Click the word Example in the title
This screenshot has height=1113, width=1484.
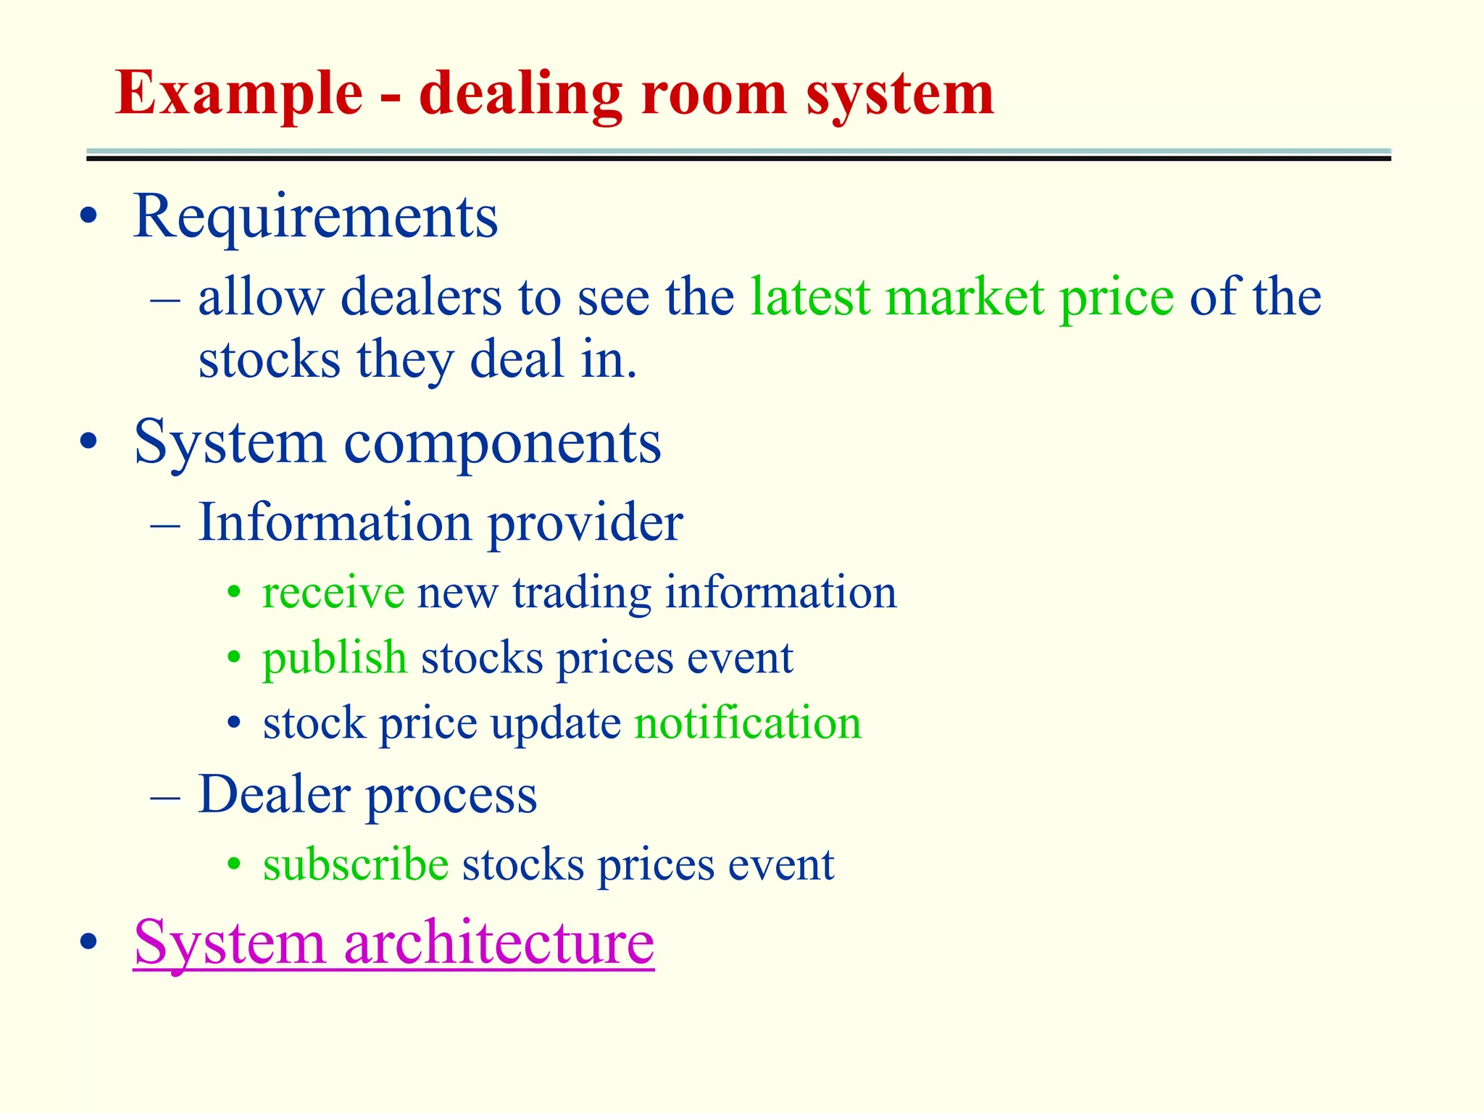(x=239, y=94)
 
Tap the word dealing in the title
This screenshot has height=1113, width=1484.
(x=520, y=94)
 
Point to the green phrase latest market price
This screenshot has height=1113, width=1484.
(x=962, y=297)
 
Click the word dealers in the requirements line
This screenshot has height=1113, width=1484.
(x=421, y=297)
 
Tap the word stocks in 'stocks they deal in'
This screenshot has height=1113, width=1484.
(x=270, y=359)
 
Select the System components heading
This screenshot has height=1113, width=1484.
(x=397, y=442)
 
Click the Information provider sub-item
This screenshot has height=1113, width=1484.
(x=441, y=522)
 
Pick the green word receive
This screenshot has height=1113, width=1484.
(x=333, y=593)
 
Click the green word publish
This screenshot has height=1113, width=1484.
(x=335, y=658)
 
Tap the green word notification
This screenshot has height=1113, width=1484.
(x=748, y=723)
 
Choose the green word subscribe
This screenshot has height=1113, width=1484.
(x=356, y=864)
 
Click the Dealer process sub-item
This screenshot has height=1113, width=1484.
(x=367, y=795)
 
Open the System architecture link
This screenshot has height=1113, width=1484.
(x=393, y=942)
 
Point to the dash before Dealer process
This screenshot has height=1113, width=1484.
(x=165, y=796)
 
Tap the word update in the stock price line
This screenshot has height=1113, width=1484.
(x=556, y=723)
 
